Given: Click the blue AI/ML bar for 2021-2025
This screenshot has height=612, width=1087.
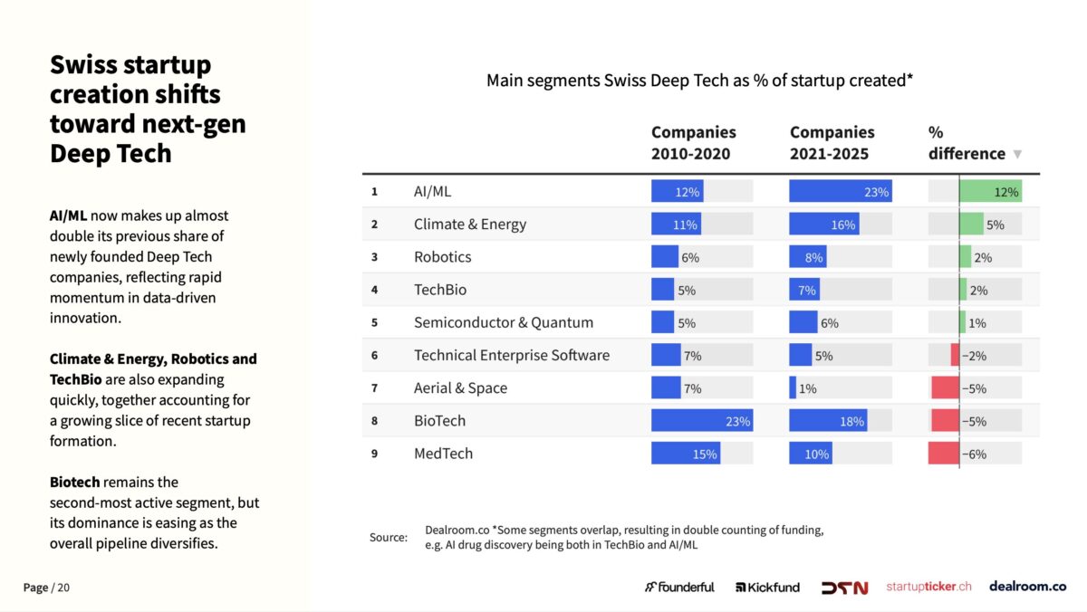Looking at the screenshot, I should point(840,191).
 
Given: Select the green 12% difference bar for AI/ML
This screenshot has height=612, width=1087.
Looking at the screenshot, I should point(989,191).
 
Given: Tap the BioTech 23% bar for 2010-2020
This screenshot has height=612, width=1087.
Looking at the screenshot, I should point(701,421).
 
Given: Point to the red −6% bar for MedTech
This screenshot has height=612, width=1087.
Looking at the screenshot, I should point(943,454).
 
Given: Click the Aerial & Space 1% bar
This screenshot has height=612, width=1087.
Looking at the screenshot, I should point(793,388).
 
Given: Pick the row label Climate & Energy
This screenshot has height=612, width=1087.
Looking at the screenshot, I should point(469,225).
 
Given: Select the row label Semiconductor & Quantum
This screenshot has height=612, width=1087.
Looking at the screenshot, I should point(504,322).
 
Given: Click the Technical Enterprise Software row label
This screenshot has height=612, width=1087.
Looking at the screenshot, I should point(512,355).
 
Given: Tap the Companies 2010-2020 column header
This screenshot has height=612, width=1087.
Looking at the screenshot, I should point(693,143).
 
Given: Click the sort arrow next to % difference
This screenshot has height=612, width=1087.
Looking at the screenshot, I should point(1017,154).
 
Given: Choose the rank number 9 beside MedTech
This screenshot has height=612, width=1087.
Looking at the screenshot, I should point(374,454).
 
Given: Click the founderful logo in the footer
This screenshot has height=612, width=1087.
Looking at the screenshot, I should point(679,587).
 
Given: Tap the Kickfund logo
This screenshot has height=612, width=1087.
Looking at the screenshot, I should point(767,587).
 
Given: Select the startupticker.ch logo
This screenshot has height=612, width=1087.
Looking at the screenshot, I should point(928,587).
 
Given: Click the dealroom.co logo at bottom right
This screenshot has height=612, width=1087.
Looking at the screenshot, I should point(1027,587).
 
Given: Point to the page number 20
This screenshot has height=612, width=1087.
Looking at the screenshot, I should point(63,588).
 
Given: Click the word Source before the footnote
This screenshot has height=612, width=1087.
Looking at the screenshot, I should point(388,538).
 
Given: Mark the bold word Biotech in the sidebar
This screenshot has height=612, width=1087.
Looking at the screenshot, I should point(74,483).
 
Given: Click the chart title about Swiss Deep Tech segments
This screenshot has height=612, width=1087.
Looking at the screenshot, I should point(699,81).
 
